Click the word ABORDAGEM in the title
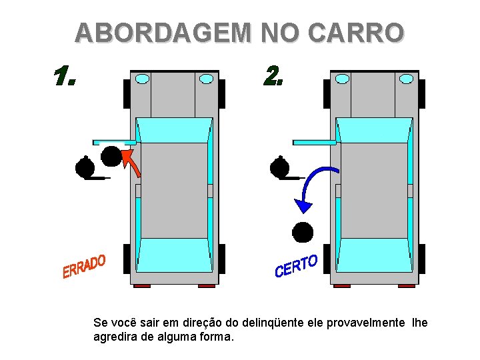click(163, 33)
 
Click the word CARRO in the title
click(356, 33)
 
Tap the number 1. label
click(65, 75)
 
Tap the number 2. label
click(273, 75)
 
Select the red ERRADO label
click(84, 266)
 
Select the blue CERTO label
click(296, 266)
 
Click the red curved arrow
click(132, 161)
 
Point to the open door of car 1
click(115, 143)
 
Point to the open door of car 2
click(315, 143)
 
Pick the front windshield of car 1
click(174, 130)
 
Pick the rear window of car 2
click(375, 255)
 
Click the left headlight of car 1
click(143, 79)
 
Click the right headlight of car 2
click(406, 79)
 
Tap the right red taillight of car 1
click(207, 286)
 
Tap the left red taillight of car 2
click(342, 286)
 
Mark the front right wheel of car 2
click(422, 94)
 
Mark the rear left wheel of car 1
click(127, 259)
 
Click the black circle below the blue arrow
click(303, 233)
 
